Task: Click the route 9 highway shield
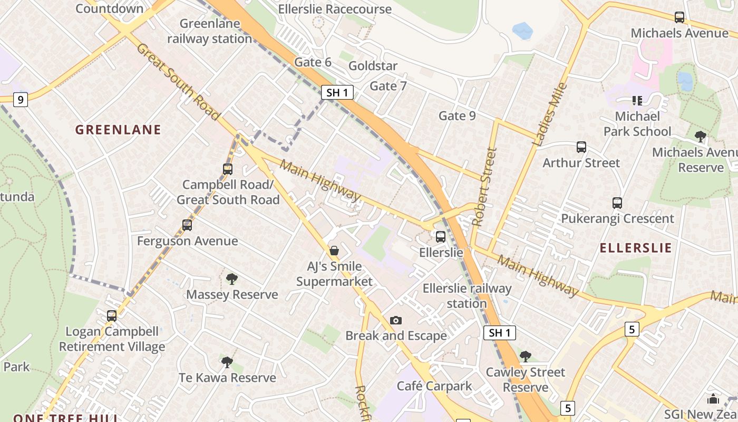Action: point(20,99)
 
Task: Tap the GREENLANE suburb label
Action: point(118,130)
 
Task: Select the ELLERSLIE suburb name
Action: point(636,248)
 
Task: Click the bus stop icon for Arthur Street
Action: point(581,147)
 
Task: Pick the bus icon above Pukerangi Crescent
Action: point(617,203)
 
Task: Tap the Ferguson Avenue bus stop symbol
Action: point(187,225)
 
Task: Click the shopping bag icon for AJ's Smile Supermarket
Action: point(334,250)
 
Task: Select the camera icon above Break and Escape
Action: point(396,320)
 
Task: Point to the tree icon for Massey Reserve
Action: point(231,279)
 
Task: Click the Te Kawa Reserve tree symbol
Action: point(227,362)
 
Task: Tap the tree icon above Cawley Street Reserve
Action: point(525,357)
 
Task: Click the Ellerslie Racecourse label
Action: point(335,9)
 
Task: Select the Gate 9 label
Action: point(457,116)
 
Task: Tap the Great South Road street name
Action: point(178,82)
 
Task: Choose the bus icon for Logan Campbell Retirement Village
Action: point(112,316)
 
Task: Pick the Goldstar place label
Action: point(373,66)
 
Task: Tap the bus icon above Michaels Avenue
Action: point(679,17)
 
